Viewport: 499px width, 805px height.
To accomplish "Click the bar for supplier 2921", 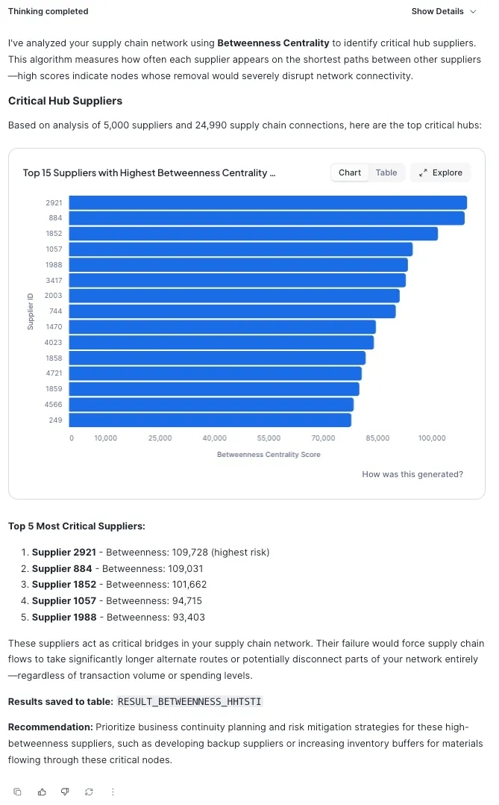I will pyautogui.click(x=268, y=202).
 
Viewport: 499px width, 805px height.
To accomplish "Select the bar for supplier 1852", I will pyautogui.click(x=254, y=234).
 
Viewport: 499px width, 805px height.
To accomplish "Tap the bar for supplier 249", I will pyautogui.click(x=210, y=420).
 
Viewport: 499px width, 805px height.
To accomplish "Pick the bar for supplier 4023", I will pyautogui.click(x=222, y=342).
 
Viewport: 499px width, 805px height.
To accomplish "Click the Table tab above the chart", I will pyautogui.click(x=386, y=172).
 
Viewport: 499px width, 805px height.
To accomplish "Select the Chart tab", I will pyautogui.click(x=350, y=172).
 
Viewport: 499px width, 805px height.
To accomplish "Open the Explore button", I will pyautogui.click(x=441, y=172).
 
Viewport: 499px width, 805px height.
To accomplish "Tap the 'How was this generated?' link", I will pyautogui.click(x=412, y=474).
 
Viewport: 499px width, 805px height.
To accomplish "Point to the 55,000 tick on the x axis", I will pyautogui.click(x=269, y=438).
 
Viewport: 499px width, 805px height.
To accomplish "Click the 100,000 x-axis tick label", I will pyautogui.click(x=432, y=438).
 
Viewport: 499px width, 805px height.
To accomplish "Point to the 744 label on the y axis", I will pyautogui.click(x=56, y=311).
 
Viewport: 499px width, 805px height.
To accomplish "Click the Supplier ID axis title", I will pyautogui.click(x=31, y=311).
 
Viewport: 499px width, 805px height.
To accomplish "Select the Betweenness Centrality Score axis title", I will pyautogui.click(x=269, y=454).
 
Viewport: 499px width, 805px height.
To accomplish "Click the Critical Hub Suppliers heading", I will pyautogui.click(x=65, y=101).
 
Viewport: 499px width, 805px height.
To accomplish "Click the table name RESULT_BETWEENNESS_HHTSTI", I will pyautogui.click(x=190, y=702).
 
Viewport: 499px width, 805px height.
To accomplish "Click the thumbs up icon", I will pyautogui.click(x=42, y=792).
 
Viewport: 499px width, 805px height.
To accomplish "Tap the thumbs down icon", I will pyautogui.click(x=65, y=792).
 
